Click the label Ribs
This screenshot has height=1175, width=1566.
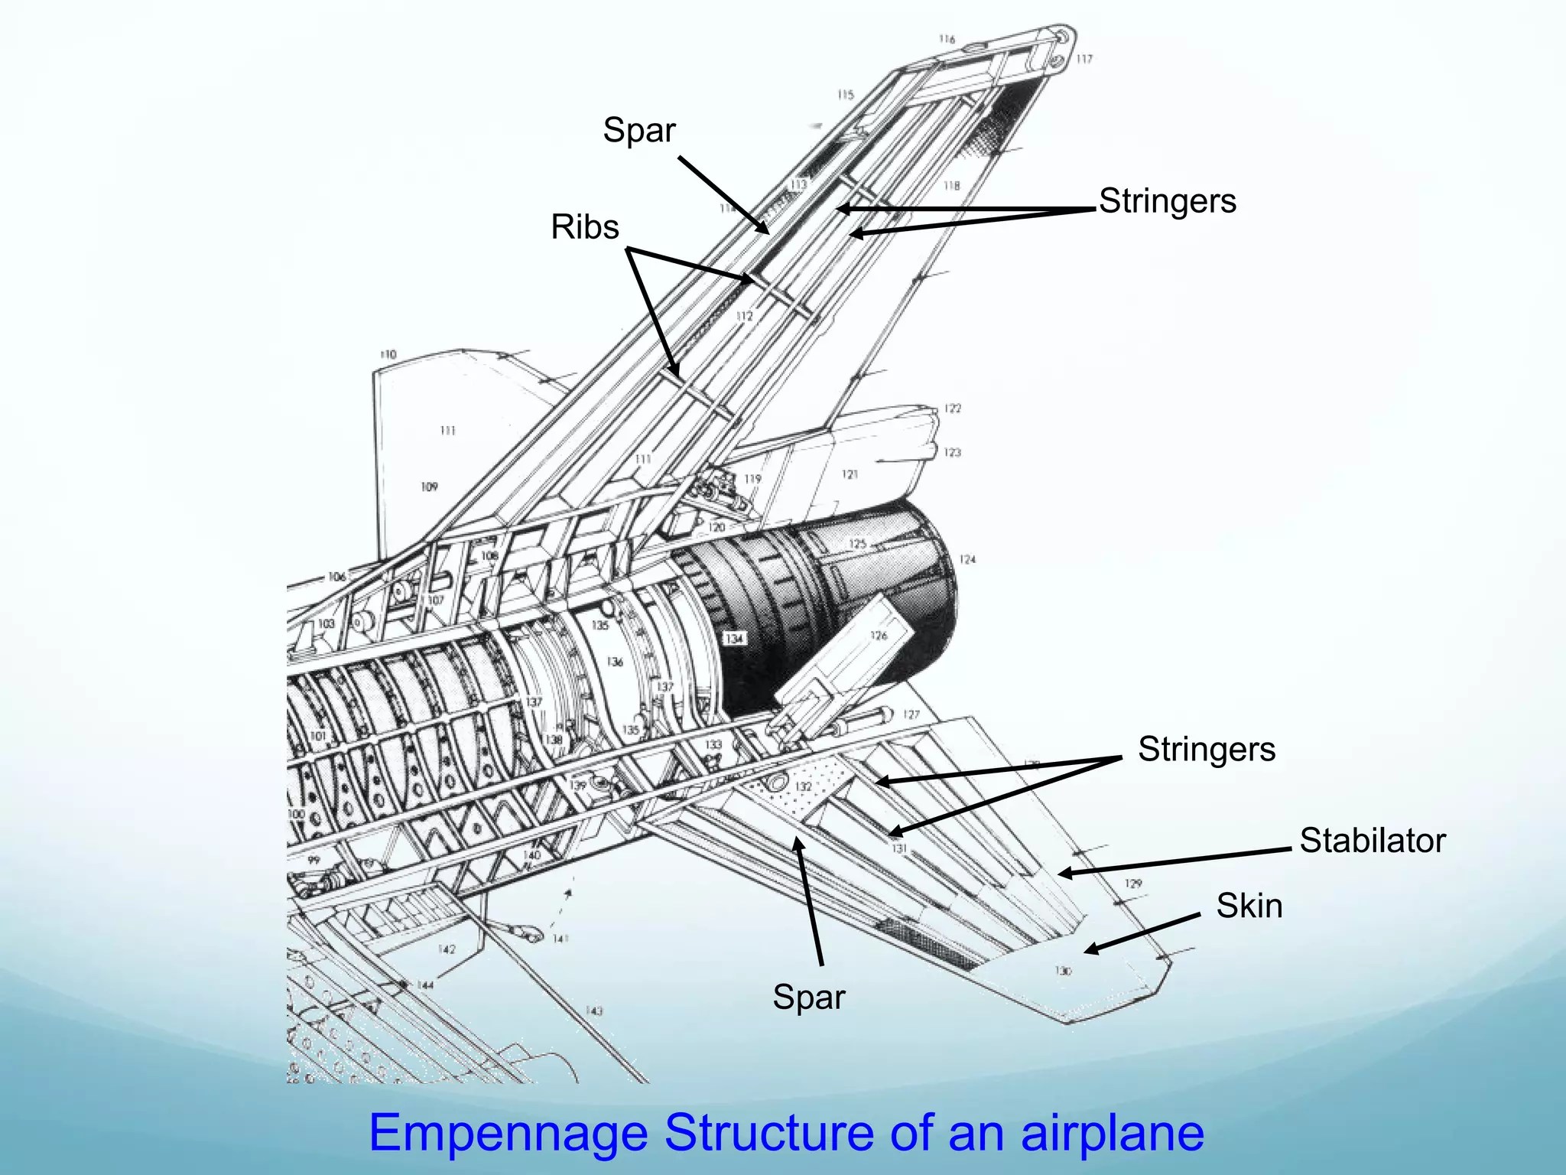[x=585, y=227]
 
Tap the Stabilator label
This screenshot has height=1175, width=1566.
[x=1373, y=841]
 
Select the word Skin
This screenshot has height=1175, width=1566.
[x=1249, y=906]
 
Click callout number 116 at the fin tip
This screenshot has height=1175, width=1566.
[x=947, y=39]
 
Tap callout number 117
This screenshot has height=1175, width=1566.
[x=1084, y=59]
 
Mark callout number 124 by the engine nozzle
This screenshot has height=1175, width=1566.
[x=967, y=560]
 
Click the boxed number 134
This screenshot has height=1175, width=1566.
[x=734, y=638]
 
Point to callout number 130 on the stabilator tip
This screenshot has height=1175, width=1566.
[x=1063, y=971]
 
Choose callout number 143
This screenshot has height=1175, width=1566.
[x=593, y=1011]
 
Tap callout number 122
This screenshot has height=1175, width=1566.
[x=952, y=408]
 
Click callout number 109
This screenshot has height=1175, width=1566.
[x=429, y=487]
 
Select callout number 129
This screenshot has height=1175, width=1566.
[x=1132, y=884]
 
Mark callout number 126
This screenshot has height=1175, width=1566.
[x=879, y=636]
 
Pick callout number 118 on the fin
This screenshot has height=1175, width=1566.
[x=951, y=186]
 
